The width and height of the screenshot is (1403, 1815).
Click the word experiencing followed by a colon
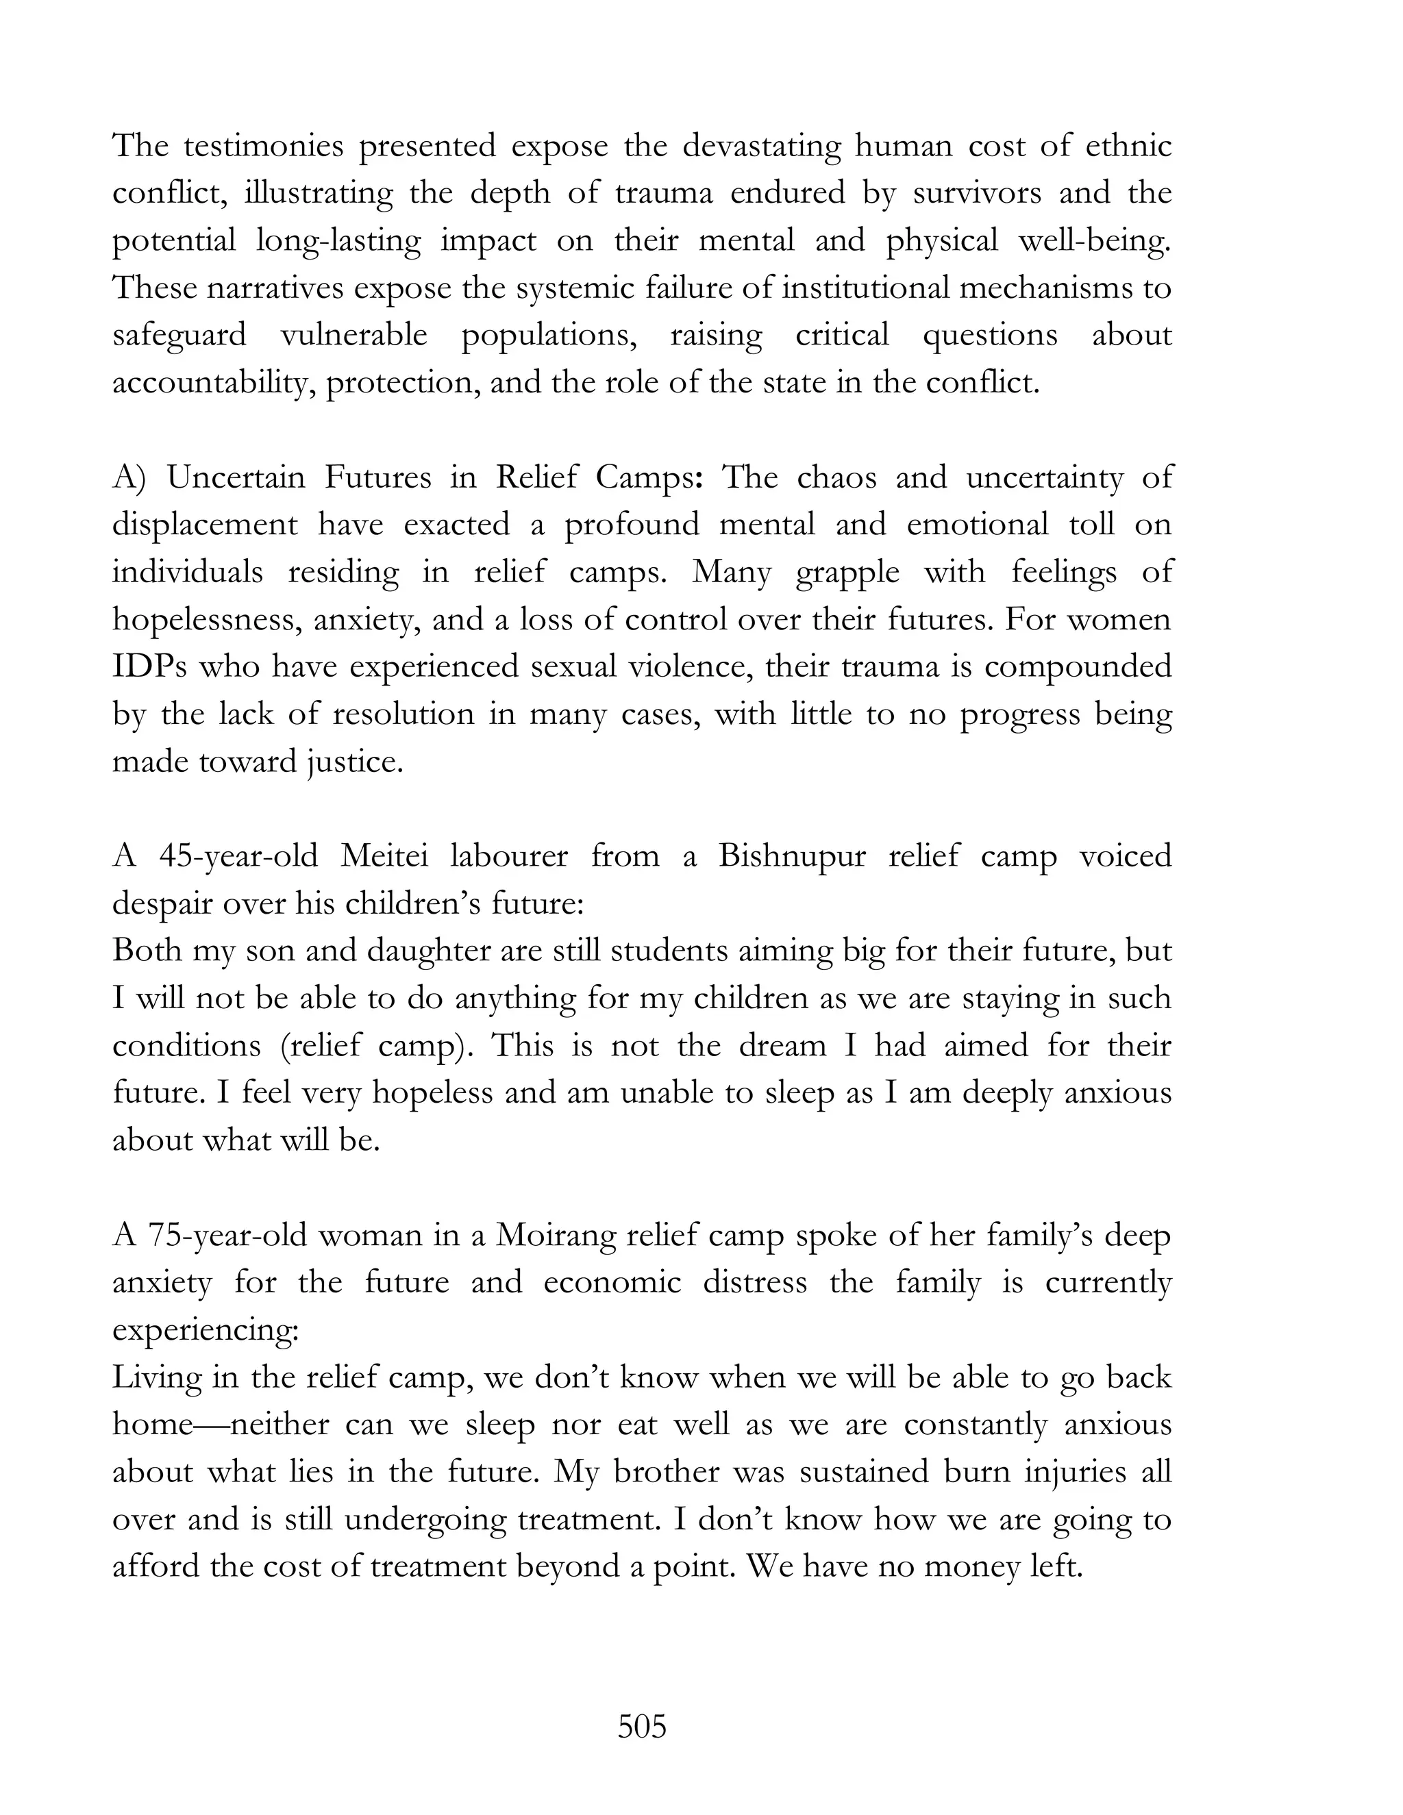click(x=204, y=1331)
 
